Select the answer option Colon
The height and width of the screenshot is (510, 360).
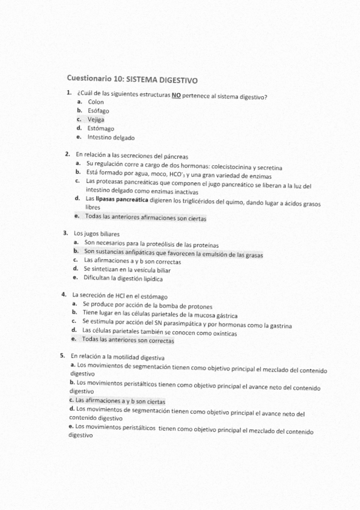coord(96,102)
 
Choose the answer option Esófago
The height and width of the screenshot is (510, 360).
coord(97,111)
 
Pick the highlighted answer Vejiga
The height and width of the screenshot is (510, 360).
coord(96,119)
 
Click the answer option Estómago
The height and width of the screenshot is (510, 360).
coord(100,128)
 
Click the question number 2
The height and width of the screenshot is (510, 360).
coord(67,155)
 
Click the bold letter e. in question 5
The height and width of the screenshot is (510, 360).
coord(71,426)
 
